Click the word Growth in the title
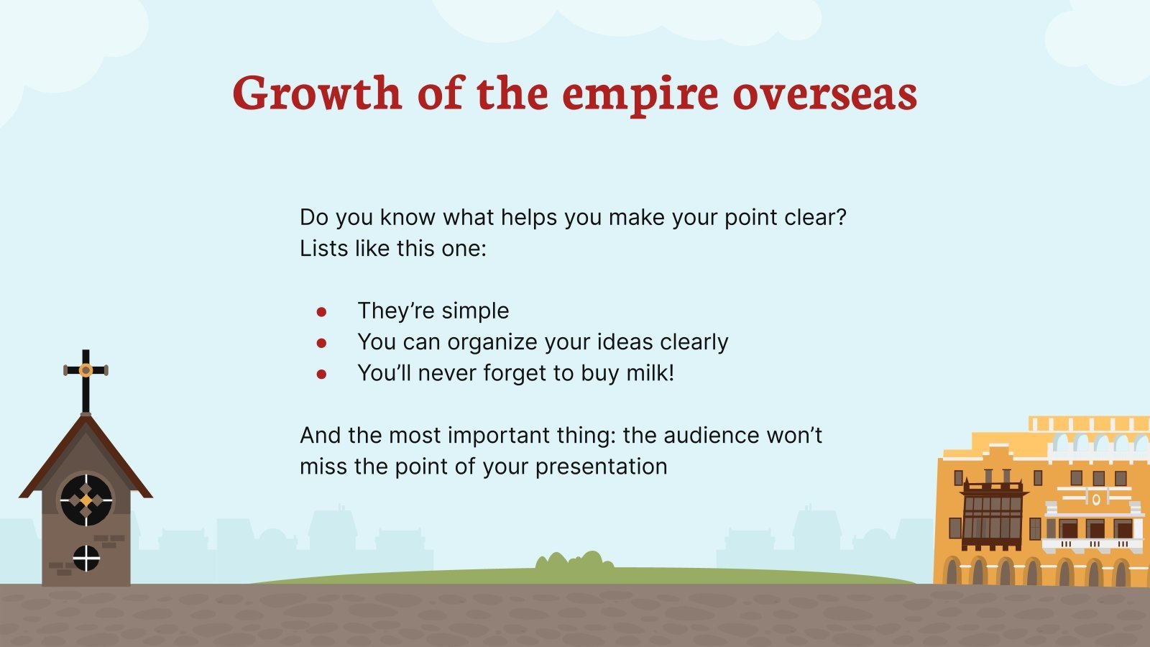click(317, 93)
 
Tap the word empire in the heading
click(640, 96)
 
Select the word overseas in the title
click(825, 94)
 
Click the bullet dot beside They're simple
click(321, 312)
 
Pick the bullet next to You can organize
click(321, 343)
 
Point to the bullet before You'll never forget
click(321, 375)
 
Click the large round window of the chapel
click(86, 500)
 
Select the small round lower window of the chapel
click(86, 558)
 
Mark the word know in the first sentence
click(408, 217)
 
